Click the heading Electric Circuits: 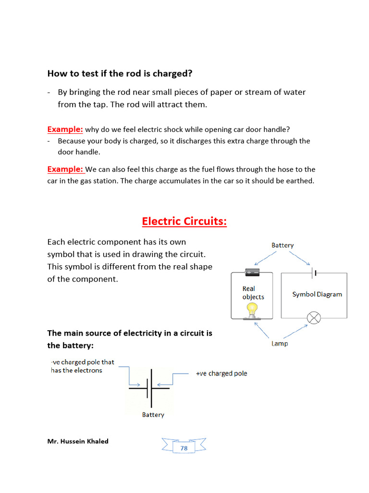coord(184,221)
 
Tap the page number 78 coord(184,448)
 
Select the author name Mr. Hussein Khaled coord(78,441)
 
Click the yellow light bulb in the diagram coord(252,311)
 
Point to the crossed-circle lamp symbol coord(314,318)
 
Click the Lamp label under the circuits coord(280,344)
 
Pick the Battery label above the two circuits coord(283,245)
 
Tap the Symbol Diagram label coord(317,294)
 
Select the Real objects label coord(253,293)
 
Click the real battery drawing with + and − coord(252,272)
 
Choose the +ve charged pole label coord(221,373)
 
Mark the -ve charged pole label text coord(82,366)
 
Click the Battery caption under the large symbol coord(153,415)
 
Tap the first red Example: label coord(65,129)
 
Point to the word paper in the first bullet coord(220,92)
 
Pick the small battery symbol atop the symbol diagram coord(314,273)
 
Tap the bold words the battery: coord(77,345)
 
